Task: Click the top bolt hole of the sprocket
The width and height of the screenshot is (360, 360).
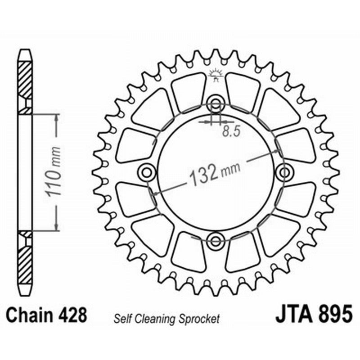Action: [x=216, y=104]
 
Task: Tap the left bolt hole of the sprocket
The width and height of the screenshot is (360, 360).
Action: [x=147, y=171]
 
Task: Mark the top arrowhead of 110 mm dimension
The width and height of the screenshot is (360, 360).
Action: [x=56, y=117]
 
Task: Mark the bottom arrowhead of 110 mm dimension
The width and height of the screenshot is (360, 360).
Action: [x=56, y=227]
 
